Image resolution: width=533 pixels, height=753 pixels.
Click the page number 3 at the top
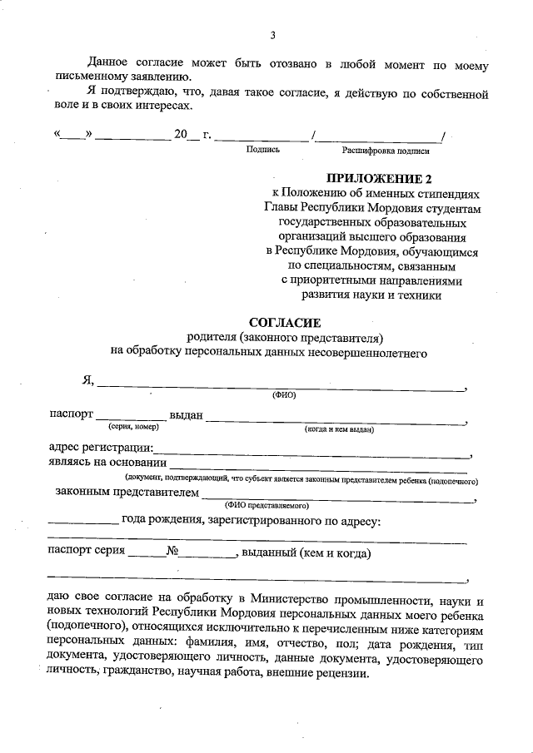click(x=272, y=35)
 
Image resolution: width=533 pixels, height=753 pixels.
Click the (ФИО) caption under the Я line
click(x=284, y=395)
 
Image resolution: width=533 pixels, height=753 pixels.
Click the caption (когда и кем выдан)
click(x=339, y=429)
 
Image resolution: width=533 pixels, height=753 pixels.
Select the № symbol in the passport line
click(x=174, y=552)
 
